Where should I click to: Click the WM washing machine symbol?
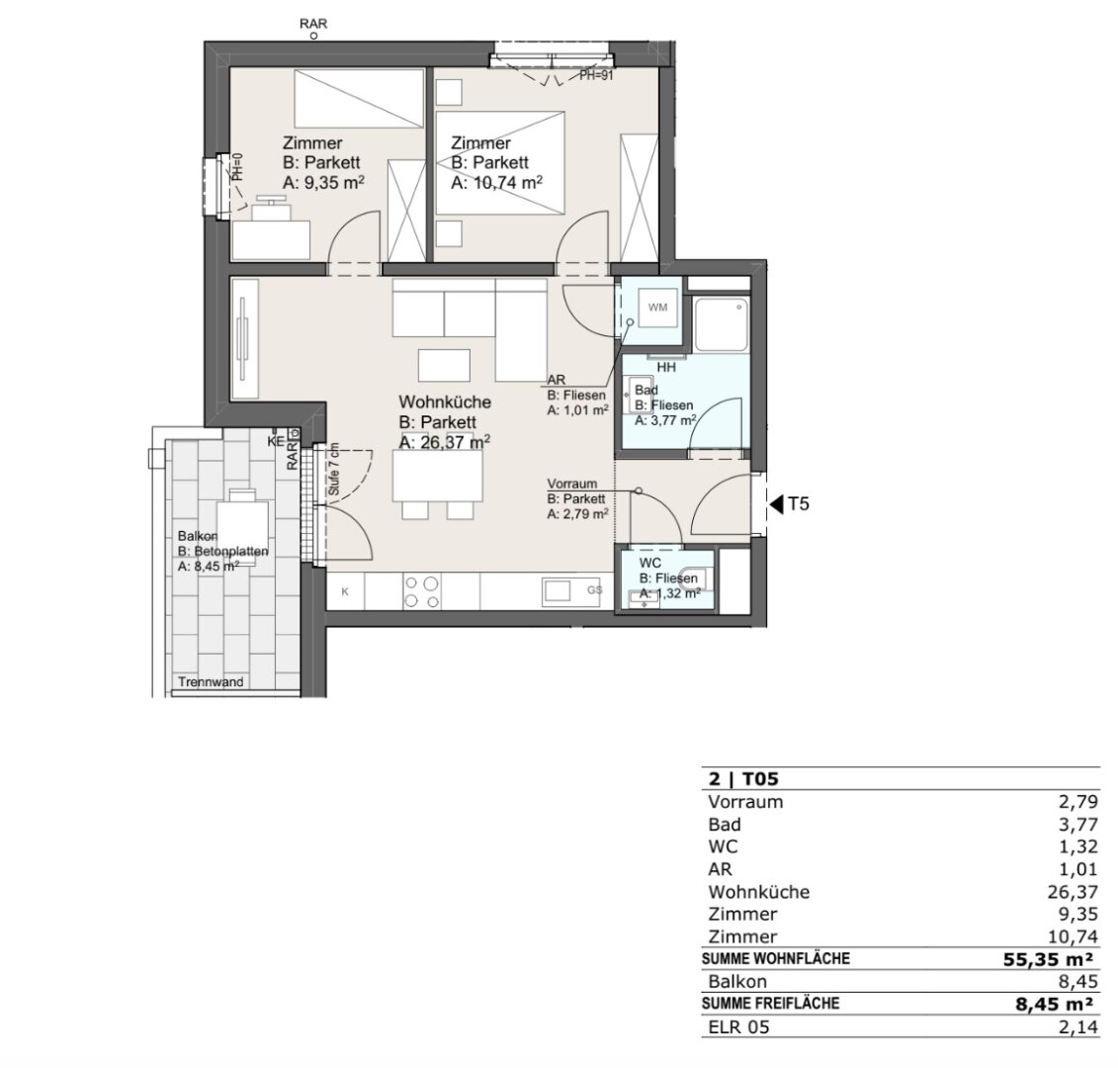coord(657,308)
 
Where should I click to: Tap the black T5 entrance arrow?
coord(775,504)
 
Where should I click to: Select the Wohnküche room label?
coord(444,402)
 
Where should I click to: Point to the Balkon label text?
coord(198,536)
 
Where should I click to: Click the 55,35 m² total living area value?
coord(1048,959)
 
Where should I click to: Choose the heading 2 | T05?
coord(743,778)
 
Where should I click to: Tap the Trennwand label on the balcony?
coord(211,682)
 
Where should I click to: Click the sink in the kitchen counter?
coord(557,590)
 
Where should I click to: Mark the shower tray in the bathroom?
coord(723,324)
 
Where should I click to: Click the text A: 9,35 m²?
coord(323,183)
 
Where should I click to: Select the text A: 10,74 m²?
coord(497,183)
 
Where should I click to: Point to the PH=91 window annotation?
coord(596,75)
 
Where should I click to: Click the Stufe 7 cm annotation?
coord(334,470)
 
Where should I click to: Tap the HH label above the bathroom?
coord(666,368)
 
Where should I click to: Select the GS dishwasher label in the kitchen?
coord(595,590)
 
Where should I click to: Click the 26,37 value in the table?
coord(1073,892)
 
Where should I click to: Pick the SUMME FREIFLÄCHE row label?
coord(771,1003)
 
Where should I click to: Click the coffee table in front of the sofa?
coord(444,365)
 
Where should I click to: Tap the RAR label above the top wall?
coord(313,24)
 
